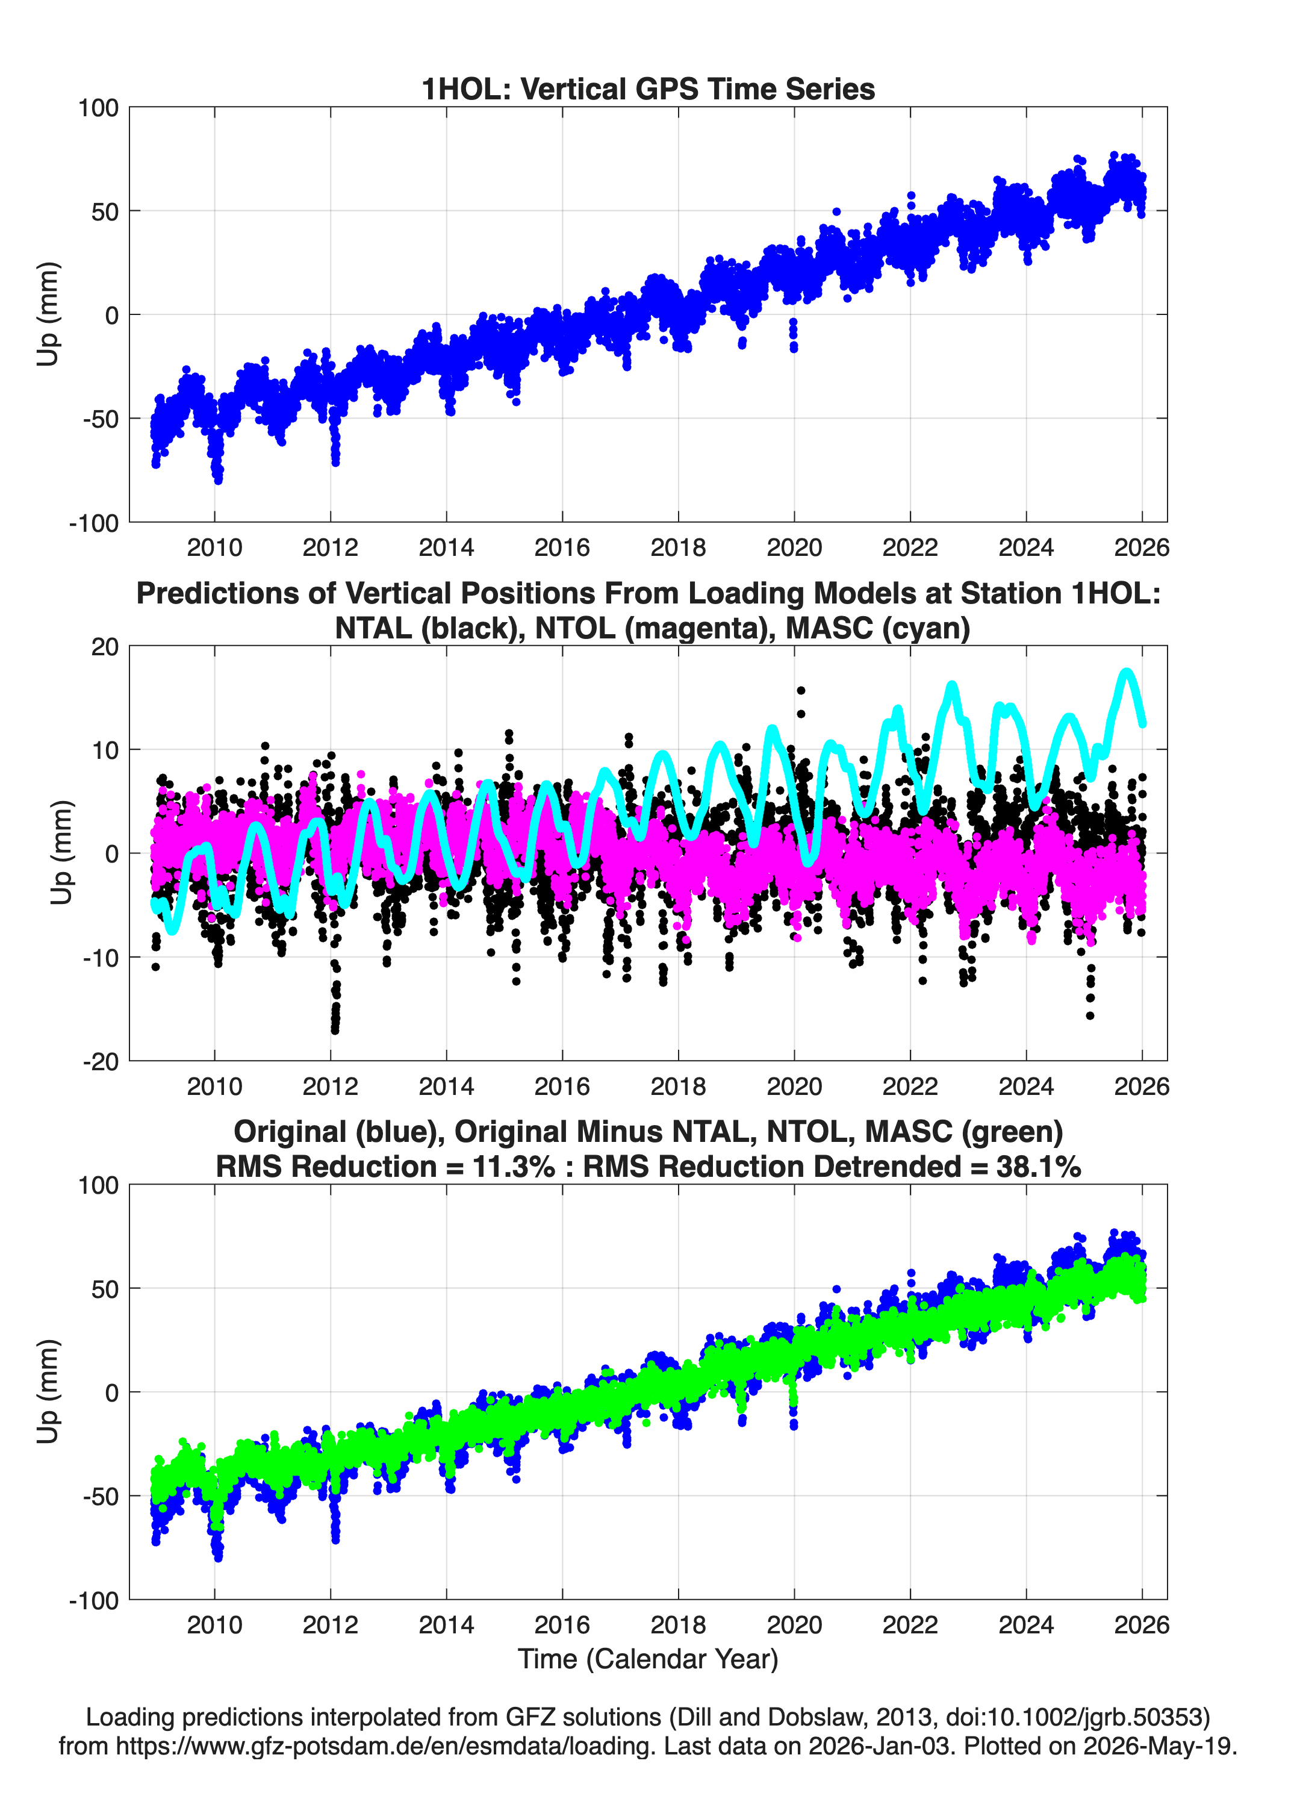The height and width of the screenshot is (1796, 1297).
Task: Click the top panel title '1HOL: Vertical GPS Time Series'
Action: click(648, 89)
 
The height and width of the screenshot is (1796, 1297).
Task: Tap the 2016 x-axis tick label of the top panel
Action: click(562, 547)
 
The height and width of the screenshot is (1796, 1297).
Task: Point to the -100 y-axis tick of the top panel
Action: click(94, 523)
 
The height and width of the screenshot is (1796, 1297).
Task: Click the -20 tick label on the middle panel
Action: click(101, 1061)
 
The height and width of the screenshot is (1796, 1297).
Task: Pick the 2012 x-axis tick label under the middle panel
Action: click(330, 1086)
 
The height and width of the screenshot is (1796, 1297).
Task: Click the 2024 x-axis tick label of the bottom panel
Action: click(1026, 1624)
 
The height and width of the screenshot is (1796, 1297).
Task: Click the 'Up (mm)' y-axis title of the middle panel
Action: click(62, 853)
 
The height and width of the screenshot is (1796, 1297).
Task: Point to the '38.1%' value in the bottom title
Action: click(1039, 1167)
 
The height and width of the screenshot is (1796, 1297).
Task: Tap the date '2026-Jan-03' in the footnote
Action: click(880, 1745)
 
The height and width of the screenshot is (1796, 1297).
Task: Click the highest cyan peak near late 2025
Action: click(1127, 672)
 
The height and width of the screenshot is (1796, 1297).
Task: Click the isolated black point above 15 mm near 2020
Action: click(800, 691)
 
